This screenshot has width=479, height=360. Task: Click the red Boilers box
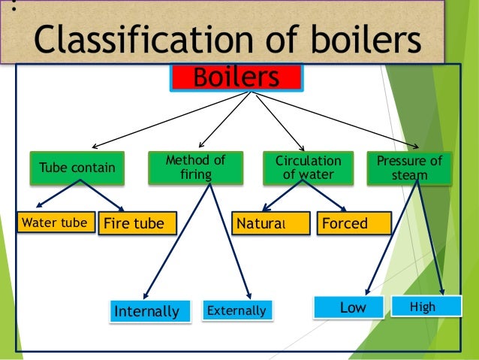tap(236, 77)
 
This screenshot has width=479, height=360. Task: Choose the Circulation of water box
tap(308, 168)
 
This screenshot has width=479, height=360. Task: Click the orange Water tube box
tap(56, 222)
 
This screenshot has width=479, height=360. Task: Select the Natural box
tap(271, 223)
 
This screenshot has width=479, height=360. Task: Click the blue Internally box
tap(146, 310)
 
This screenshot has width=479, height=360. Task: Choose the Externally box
tap(236, 310)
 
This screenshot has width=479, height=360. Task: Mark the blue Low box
tap(351, 307)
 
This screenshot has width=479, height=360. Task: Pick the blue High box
tap(423, 307)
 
